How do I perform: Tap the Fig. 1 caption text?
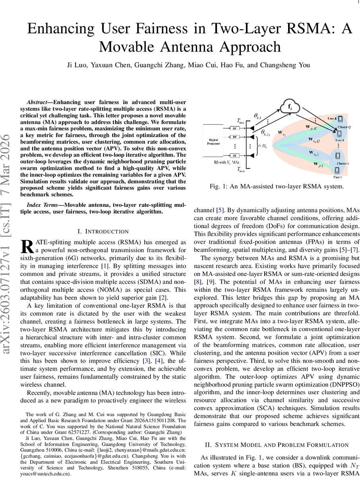[277, 186]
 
